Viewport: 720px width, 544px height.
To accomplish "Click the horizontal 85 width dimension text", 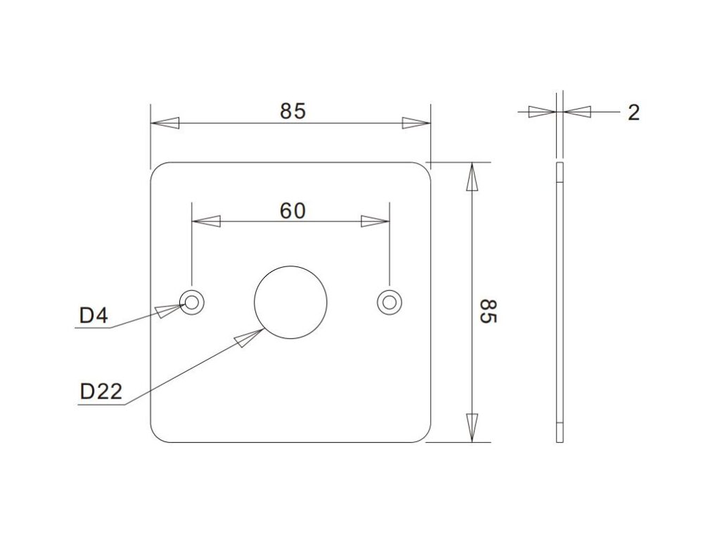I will pyautogui.click(x=292, y=111).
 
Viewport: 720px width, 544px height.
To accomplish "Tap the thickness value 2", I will pyautogui.click(x=634, y=112).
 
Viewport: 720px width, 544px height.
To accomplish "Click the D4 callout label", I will pyautogui.click(x=94, y=316).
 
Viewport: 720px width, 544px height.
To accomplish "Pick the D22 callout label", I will pyautogui.click(x=101, y=391).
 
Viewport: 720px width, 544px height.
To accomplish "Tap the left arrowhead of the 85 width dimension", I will pyautogui.click(x=165, y=123).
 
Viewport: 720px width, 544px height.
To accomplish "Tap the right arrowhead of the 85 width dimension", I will pyautogui.click(x=416, y=123).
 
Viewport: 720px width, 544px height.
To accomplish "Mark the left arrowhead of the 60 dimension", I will pyautogui.click(x=207, y=221).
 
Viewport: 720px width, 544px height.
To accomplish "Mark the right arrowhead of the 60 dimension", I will pyautogui.click(x=375, y=221).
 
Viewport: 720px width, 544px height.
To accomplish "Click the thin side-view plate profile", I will pyautogui.click(x=560, y=302).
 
